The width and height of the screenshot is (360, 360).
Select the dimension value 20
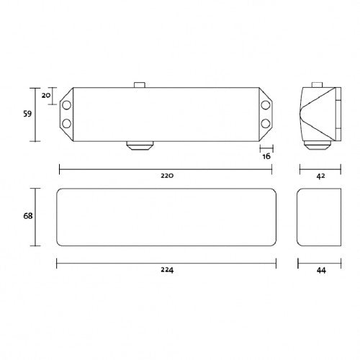[45, 95]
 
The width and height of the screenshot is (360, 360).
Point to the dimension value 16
[266, 156]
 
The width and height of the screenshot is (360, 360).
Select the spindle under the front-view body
[140, 145]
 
